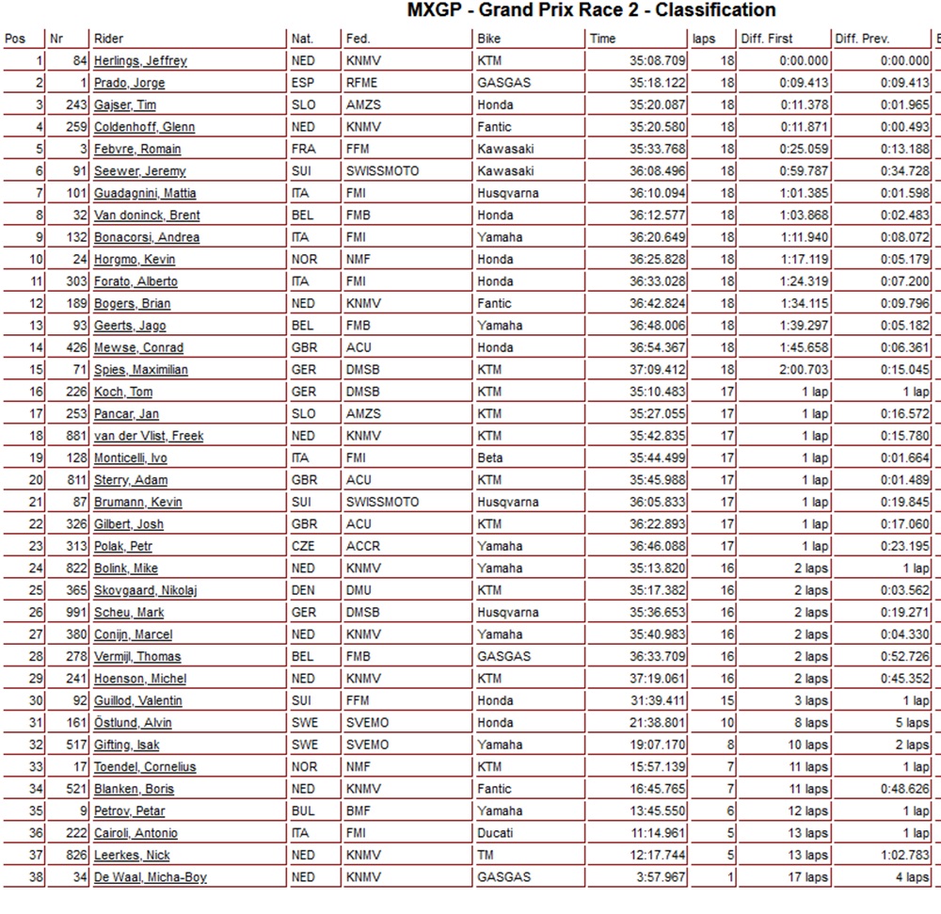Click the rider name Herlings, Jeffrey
pos(140,61)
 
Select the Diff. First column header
pos(767,39)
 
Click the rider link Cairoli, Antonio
pos(136,833)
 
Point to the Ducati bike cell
pos(497,833)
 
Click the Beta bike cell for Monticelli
pos(490,458)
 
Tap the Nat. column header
pos(303,39)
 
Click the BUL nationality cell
pos(304,811)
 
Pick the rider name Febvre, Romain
pos(137,150)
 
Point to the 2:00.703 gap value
pos(802,370)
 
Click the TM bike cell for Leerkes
pos(486,856)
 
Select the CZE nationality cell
pos(305,547)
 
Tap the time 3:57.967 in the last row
pos(661,877)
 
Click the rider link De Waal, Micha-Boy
pos(150,877)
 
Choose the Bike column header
pos(489,39)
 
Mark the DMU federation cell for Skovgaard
pos(360,590)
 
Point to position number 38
pos(37,877)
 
